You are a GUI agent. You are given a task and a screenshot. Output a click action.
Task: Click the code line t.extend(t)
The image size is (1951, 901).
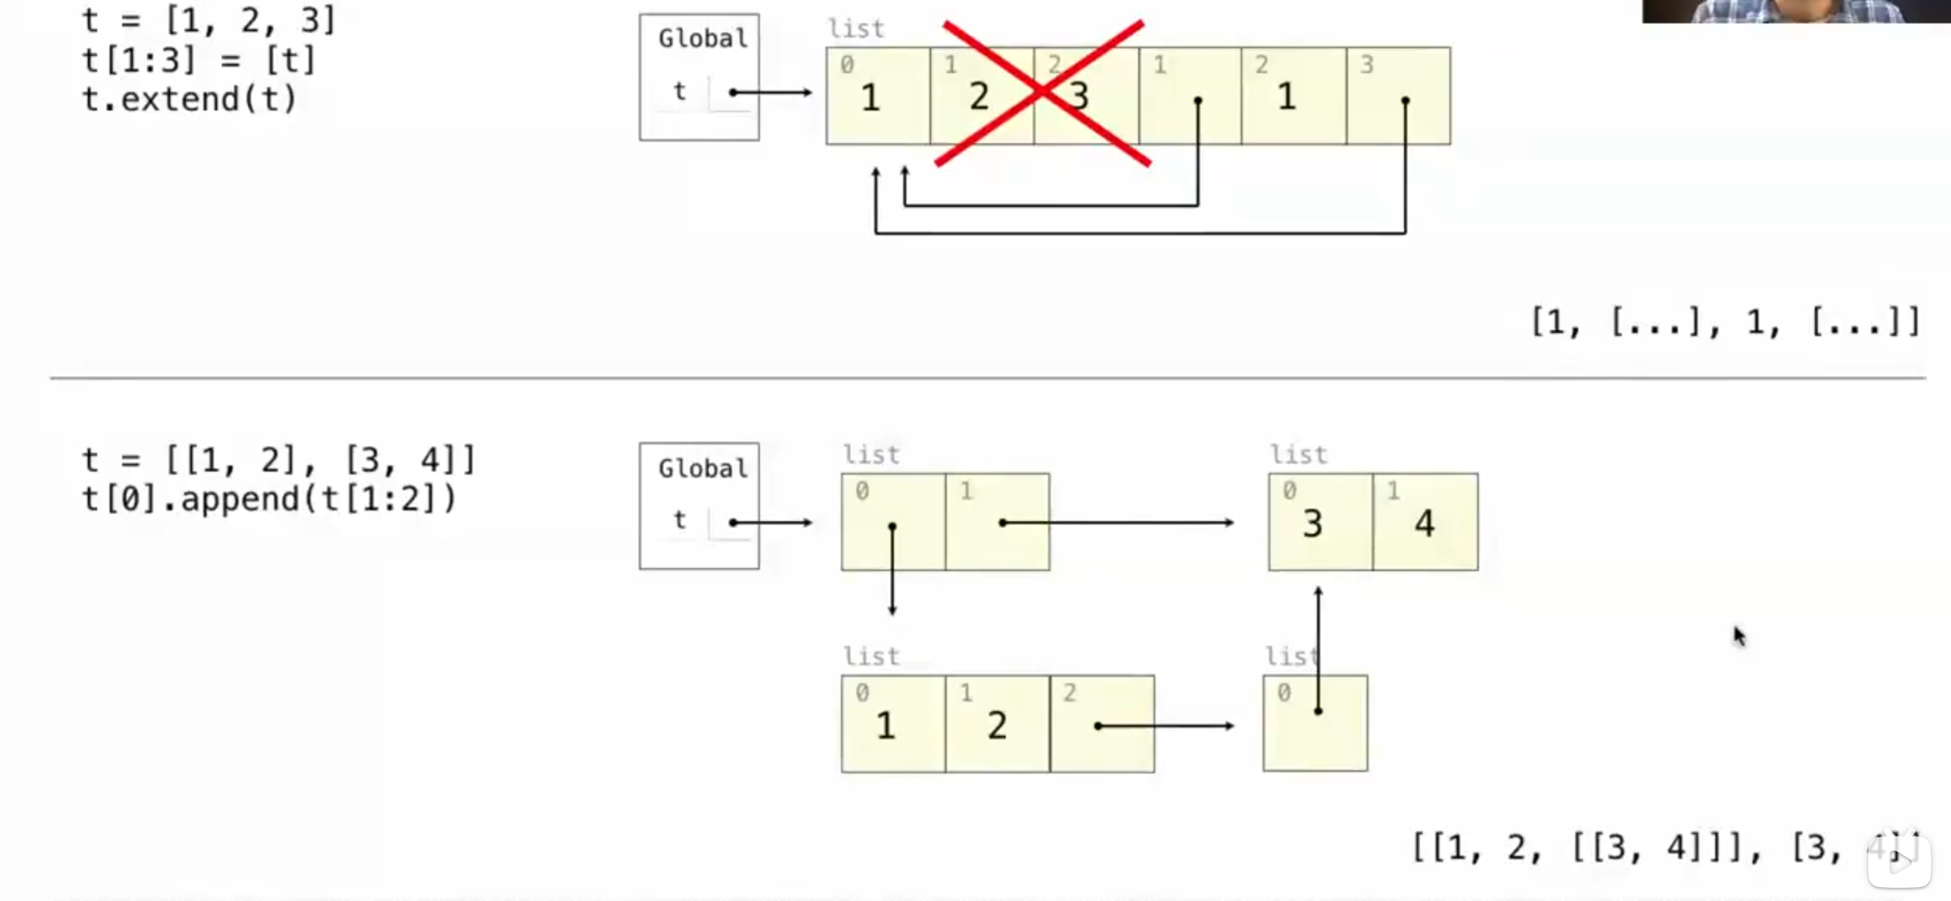click(189, 100)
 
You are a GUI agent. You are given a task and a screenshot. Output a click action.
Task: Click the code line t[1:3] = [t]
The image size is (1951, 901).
click(198, 60)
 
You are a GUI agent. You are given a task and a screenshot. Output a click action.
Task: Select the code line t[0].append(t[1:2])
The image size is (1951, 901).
click(269, 499)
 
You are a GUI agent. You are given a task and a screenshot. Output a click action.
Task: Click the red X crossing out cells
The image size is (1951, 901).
click(1042, 93)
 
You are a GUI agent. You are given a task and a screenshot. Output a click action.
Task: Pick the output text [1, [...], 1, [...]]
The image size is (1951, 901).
click(1725, 321)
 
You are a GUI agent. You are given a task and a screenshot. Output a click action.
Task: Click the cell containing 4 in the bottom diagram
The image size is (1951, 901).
click(1425, 523)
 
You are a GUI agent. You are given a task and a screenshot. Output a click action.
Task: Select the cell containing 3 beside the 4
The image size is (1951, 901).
click(1319, 523)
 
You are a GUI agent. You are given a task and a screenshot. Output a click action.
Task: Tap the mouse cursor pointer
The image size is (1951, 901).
click(1739, 636)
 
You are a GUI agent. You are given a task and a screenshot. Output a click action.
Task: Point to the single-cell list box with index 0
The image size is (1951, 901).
click(1315, 724)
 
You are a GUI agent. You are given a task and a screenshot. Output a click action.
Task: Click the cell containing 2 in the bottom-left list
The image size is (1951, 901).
click(997, 724)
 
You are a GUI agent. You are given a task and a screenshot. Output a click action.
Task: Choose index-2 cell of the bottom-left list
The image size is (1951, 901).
click(1102, 724)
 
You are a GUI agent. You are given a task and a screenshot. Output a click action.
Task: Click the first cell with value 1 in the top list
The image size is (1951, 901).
click(877, 96)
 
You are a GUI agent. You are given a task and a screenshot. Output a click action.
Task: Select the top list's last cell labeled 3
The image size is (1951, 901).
click(1398, 96)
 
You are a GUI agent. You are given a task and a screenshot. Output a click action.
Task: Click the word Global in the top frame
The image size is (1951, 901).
click(702, 38)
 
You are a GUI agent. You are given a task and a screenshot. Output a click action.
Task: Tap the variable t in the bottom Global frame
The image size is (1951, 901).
click(680, 519)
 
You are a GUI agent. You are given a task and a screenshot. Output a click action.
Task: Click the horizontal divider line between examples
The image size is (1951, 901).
click(988, 378)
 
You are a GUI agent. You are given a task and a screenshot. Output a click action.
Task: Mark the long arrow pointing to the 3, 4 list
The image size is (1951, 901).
click(1117, 523)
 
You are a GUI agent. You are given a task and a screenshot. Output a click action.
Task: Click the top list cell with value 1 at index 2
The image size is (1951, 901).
click(1293, 96)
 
